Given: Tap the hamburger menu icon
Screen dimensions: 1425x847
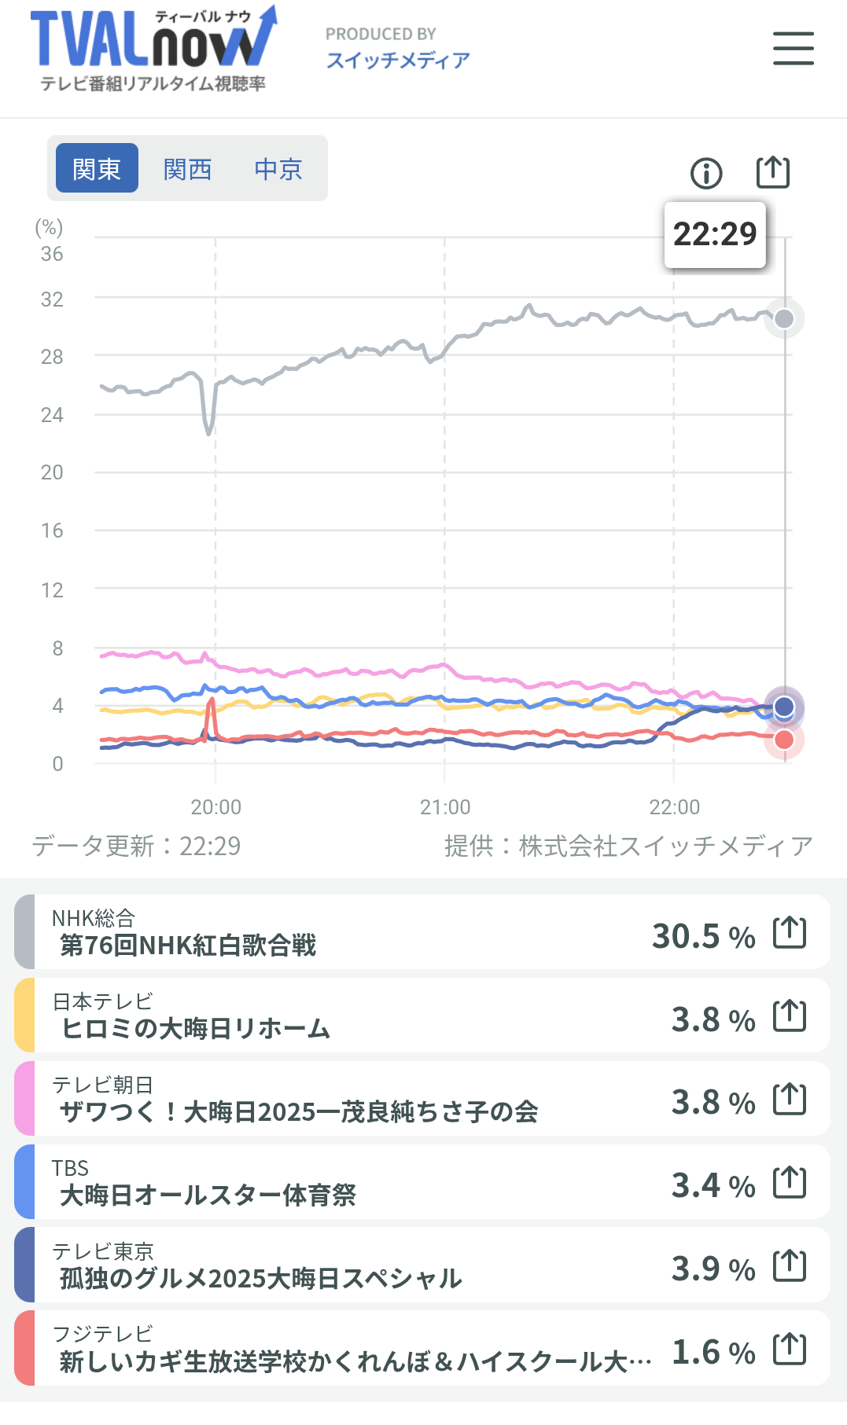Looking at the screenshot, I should click(793, 49).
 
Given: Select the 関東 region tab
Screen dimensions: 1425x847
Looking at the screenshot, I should click(97, 168).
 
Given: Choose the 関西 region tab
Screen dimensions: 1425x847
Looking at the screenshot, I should click(188, 168).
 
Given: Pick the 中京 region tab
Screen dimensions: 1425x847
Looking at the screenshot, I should click(278, 168).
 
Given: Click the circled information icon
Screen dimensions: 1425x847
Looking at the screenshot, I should click(706, 173).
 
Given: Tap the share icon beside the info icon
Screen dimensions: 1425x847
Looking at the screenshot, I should click(772, 172).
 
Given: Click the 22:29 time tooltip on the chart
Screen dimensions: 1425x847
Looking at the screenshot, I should click(715, 234).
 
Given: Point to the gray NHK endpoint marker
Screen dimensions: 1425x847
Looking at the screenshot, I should click(784, 318).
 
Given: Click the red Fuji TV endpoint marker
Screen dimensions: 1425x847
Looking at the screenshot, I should click(784, 740).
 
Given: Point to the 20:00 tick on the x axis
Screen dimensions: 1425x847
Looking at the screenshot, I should click(216, 807).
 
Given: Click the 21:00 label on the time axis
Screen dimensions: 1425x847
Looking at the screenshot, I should click(445, 807).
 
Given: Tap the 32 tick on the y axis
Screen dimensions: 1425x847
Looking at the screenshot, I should click(52, 299).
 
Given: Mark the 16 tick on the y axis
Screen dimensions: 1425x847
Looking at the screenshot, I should click(52, 531).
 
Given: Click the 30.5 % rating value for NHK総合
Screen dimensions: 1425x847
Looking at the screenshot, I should click(703, 936).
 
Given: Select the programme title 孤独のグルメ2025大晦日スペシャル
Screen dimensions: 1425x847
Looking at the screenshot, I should click(260, 1279).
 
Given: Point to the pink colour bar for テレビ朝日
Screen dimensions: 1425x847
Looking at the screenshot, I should click(24, 1098).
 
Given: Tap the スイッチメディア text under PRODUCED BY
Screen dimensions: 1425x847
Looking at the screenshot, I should click(398, 61).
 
